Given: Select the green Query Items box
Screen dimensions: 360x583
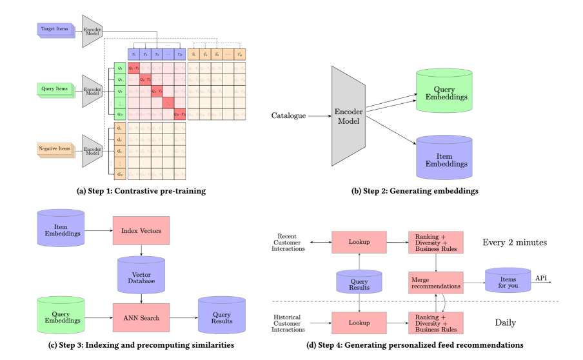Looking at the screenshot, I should coord(53,89).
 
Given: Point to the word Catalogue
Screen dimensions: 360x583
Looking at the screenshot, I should coord(288,116).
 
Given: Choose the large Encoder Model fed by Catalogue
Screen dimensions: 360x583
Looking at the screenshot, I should coord(348,115).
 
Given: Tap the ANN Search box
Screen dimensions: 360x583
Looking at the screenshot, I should coord(141,317).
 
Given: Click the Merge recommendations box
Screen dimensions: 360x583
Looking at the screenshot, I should coord(435,282).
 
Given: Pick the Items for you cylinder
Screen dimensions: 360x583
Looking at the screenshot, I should coord(507,281).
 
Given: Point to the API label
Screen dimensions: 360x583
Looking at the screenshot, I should coord(542,277).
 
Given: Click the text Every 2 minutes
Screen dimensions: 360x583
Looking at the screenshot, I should coord(515,243).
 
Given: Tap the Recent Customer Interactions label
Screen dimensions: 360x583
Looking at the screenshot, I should coord(288,243).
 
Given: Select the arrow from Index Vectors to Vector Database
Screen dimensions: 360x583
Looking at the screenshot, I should coord(141,251).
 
